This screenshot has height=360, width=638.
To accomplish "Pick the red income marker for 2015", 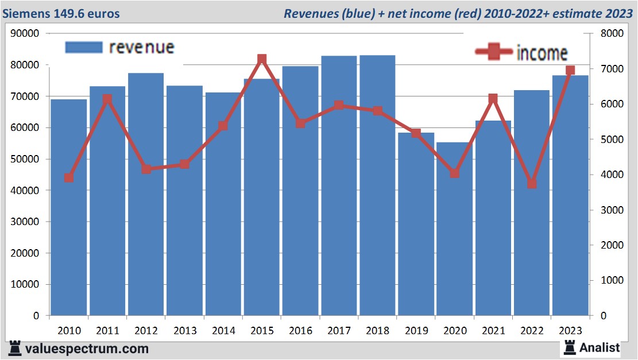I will (x=262, y=59).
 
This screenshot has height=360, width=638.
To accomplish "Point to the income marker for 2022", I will (x=532, y=184).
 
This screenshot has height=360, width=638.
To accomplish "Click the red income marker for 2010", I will (x=69, y=178).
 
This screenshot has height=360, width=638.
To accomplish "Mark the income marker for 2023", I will (x=570, y=71).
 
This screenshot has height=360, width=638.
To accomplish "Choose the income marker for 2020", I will (x=455, y=173).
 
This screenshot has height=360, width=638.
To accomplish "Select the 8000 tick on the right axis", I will (x=611, y=33).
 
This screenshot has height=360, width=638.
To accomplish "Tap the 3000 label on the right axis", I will (x=611, y=210).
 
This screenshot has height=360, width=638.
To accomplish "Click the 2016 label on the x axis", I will (x=300, y=331).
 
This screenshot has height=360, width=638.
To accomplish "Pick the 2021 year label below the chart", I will (x=493, y=331).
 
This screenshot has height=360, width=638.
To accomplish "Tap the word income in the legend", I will (x=542, y=53).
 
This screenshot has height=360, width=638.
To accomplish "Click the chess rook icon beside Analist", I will (x=570, y=347).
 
